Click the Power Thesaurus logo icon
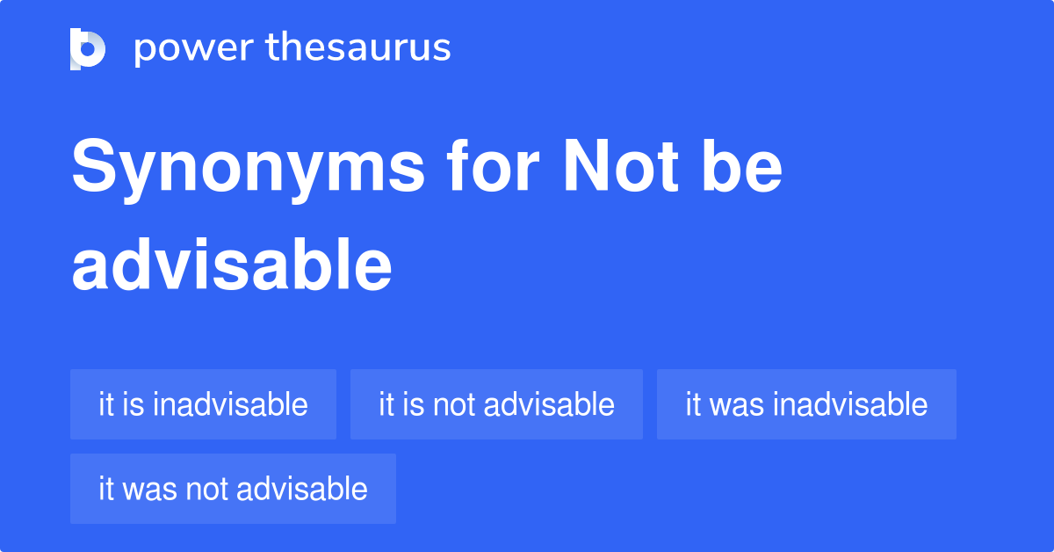pos(88,48)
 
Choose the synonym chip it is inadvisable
pos(203,404)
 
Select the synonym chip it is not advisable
pos(496,404)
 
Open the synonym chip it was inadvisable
pos(806,404)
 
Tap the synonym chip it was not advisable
pos(233,489)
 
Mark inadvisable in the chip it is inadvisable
pos(229,404)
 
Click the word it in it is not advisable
pos(386,404)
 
